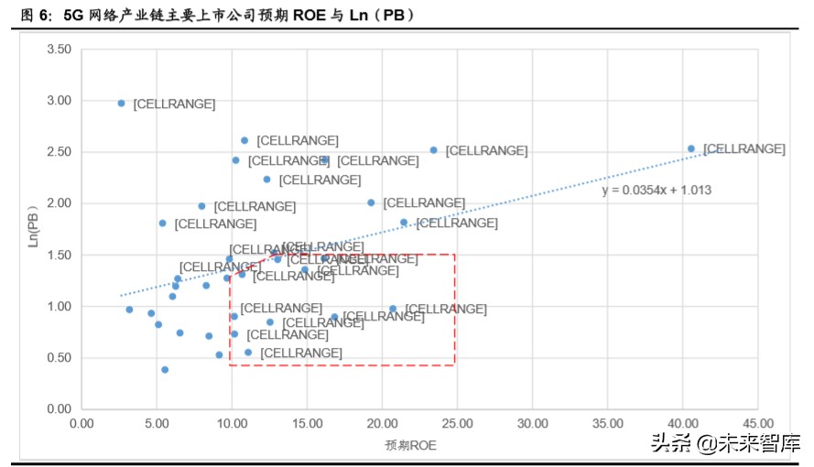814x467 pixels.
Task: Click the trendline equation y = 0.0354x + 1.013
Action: click(657, 190)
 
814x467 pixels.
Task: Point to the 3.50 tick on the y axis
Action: click(58, 49)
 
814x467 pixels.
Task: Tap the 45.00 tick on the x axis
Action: click(757, 424)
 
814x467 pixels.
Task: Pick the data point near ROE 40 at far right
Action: click(691, 148)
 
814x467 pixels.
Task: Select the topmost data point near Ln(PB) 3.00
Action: click(121, 103)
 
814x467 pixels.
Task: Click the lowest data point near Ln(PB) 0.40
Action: click(165, 370)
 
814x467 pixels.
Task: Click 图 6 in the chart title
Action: click(33, 16)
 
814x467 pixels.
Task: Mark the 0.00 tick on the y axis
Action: click(58, 409)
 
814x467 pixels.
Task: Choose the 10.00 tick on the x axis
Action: click(232, 424)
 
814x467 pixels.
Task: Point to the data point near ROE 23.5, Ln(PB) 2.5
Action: click(434, 150)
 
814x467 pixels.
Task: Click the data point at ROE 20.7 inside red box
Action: click(393, 310)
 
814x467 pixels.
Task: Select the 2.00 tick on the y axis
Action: click(58, 203)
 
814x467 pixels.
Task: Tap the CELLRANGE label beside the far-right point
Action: click(744, 148)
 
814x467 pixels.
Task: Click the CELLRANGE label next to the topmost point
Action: click(174, 104)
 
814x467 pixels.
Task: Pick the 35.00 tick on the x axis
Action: click(607, 424)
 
